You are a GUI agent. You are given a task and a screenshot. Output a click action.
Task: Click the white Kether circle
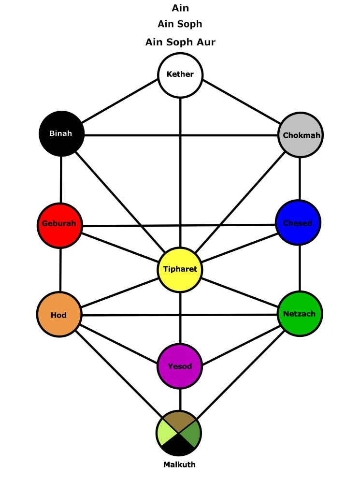click(180, 74)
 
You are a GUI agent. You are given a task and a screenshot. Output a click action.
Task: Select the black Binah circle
click(61, 133)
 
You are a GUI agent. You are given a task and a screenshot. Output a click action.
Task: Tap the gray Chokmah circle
click(301, 135)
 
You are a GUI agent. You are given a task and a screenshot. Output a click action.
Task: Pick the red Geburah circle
click(59, 225)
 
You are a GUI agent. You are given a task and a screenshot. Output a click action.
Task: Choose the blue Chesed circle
click(298, 223)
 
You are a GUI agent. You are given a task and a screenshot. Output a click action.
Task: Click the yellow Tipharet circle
click(180, 269)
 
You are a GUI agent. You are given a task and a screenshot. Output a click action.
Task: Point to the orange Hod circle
click(59, 315)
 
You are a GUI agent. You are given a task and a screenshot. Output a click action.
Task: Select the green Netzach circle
click(300, 314)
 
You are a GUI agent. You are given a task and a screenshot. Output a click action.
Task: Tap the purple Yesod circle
click(180, 366)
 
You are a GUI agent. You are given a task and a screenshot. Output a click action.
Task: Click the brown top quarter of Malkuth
click(179, 420)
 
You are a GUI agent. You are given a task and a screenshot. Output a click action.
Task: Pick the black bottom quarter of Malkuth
click(179, 447)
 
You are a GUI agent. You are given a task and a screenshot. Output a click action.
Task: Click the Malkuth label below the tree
click(179, 465)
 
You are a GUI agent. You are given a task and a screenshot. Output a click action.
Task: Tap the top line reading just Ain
click(180, 8)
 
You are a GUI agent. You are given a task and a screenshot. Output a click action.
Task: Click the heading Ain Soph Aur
click(180, 42)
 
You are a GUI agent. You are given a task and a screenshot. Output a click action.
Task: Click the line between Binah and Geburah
click(61, 179)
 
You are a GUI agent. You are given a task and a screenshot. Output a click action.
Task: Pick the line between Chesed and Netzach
click(300, 268)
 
